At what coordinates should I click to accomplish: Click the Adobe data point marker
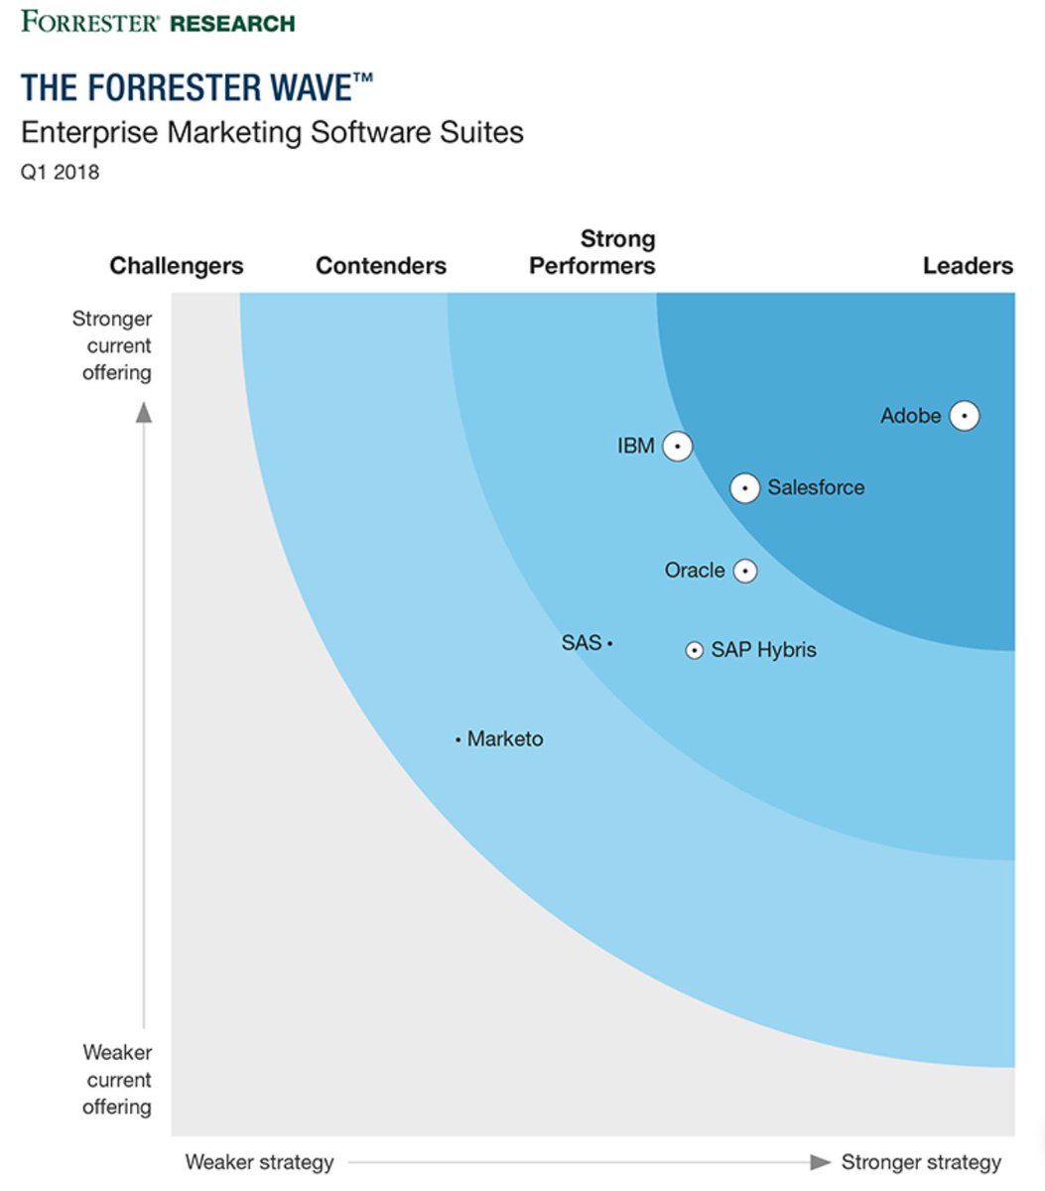tap(964, 416)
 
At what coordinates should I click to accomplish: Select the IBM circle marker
tap(677, 447)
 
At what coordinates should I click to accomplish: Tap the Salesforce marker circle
tap(744, 488)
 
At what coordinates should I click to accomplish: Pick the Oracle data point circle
tap(744, 571)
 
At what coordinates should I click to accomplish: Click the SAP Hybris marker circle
tap(695, 650)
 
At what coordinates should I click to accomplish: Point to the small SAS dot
tap(609, 644)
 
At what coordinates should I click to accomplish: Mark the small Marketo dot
tap(457, 739)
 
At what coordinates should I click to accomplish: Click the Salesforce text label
tap(816, 487)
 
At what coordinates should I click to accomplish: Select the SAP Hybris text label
tap(763, 650)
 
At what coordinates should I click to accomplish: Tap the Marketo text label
tap(505, 739)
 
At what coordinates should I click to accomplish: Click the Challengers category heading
tap(177, 266)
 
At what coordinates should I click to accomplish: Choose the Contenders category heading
tap(381, 266)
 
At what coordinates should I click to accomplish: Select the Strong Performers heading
tap(592, 252)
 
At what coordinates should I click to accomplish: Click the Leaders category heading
tap(968, 266)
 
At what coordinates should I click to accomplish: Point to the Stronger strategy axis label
tap(921, 1162)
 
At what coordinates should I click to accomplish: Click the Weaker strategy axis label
tap(259, 1162)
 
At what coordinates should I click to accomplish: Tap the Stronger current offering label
tap(113, 345)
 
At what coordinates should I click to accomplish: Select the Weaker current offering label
tap(117, 1080)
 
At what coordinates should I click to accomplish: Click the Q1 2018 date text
tap(61, 172)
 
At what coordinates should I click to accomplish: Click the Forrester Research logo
tap(158, 22)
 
